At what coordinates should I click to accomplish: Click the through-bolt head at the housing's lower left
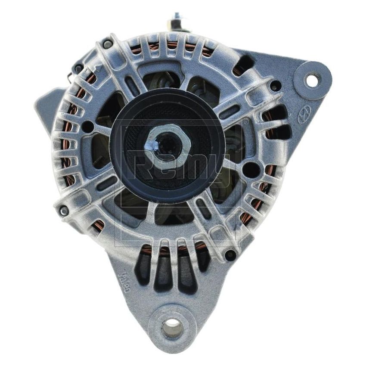(64, 211)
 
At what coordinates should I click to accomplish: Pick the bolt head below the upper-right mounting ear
(275, 86)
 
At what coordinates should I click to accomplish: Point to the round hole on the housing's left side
(87, 127)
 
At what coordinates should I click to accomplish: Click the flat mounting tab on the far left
(45, 103)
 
